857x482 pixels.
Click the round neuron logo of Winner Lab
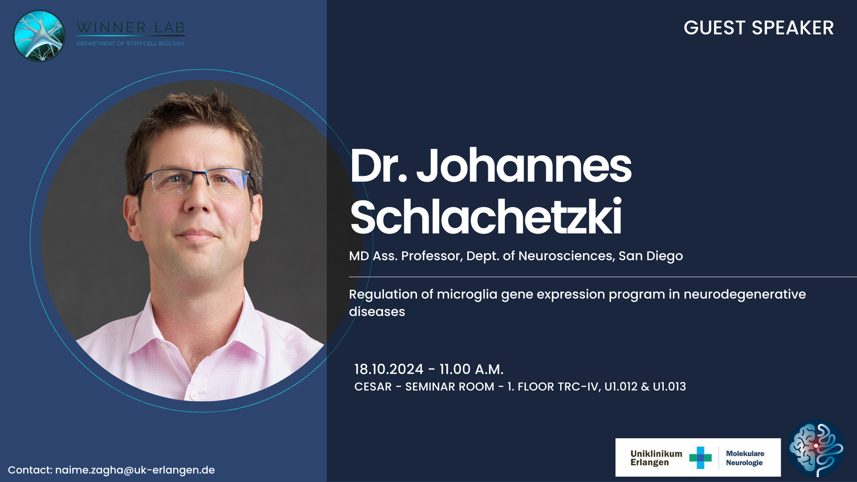tap(40, 36)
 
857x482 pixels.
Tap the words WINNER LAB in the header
tap(130, 28)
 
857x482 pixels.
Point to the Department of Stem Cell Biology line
tap(130, 43)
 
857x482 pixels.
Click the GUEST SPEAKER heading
tap(758, 28)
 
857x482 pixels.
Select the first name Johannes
tap(524, 166)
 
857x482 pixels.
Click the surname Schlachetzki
tap(486, 217)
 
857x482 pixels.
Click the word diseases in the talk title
tap(377, 312)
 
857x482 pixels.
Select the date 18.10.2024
tap(389, 369)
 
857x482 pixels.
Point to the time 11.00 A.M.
tap(471, 369)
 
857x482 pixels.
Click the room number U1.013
tap(669, 386)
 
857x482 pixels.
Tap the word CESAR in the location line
tap(373, 386)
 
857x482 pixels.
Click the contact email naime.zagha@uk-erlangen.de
tap(135, 470)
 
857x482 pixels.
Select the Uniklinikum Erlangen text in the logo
tap(656, 458)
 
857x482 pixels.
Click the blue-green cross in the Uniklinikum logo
tap(700, 458)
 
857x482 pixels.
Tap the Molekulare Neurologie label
tap(745, 458)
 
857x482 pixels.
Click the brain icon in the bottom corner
tap(816, 448)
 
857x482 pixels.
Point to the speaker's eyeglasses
tap(195, 181)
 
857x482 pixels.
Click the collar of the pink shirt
tap(196, 330)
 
